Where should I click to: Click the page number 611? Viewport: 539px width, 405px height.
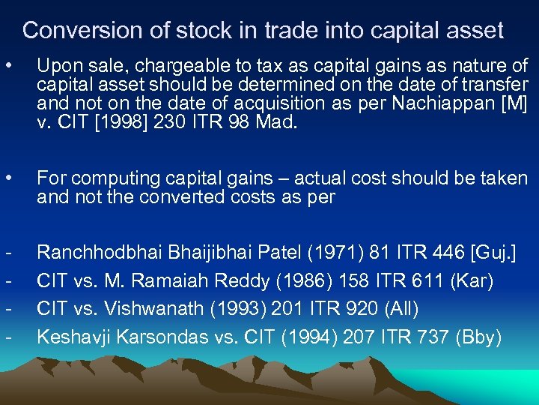click(x=435, y=281)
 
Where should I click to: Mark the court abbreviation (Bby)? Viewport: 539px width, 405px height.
click(x=478, y=337)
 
